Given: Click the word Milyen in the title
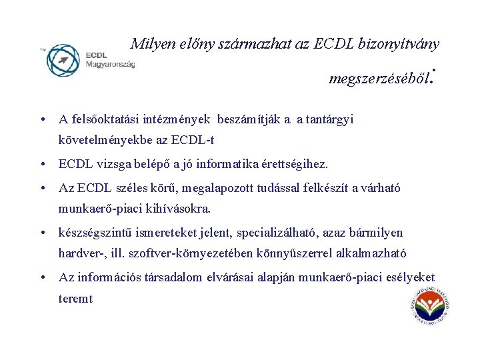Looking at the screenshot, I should tap(151, 45).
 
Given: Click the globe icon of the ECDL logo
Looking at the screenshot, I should tap(63, 60).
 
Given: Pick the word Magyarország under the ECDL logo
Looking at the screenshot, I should tap(110, 64).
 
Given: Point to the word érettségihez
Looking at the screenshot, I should tap(297, 164).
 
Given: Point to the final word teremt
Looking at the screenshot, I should tap(76, 299).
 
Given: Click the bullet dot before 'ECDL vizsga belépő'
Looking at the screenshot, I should tap(42, 164).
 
